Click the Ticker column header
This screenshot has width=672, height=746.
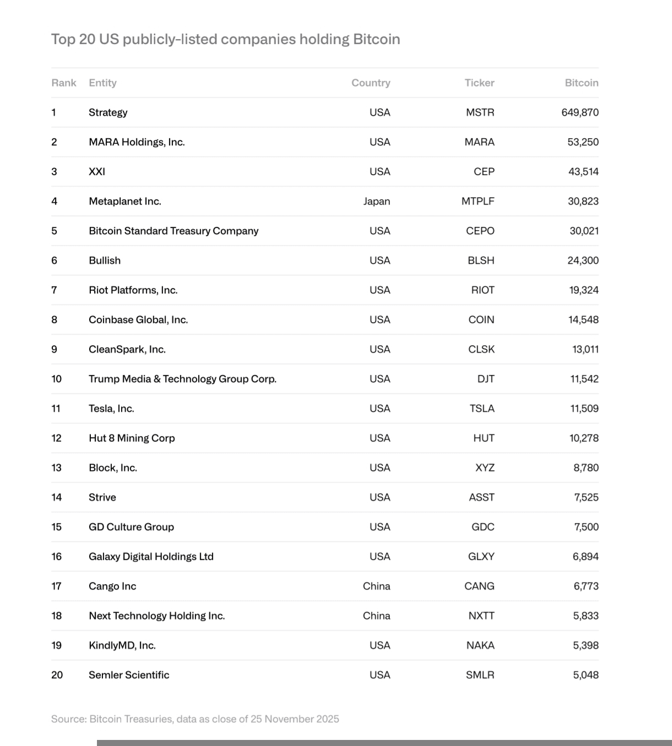click(x=479, y=83)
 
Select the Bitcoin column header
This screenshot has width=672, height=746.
click(x=581, y=83)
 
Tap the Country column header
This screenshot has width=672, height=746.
click(x=371, y=83)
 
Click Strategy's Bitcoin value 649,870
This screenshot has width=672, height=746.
click(x=580, y=112)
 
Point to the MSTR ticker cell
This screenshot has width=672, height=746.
click(x=480, y=112)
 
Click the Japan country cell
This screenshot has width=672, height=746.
click(x=377, y=202)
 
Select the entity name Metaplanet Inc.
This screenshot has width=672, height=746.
click(x=125, y=202)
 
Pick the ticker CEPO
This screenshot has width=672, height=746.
click(x=480, y=231)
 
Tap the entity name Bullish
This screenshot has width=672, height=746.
click(x=105, y=260)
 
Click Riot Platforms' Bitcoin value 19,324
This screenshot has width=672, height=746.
click(x=584, y=290)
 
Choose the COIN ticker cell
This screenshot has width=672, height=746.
click(x=481, y=320)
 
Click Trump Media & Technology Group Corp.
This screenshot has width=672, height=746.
click(x=182, y=379)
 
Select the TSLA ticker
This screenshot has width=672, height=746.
click(x=482, y=409)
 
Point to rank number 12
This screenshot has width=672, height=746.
click(x=56, y=438)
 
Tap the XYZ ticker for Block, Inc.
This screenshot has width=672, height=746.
click(x=485, y=468)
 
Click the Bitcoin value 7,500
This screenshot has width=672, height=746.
click(x=586, y=527)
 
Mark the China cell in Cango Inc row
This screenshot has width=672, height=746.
click(x=377, y=586)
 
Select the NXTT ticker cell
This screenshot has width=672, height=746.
click(x=481, y=616)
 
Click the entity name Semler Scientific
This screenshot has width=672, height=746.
click(x=129, y=675)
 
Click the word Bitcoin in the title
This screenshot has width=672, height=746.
click(x=376, y=39)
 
